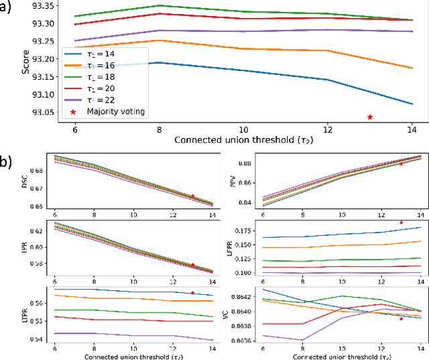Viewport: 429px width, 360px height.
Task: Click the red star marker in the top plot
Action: coord(370,117)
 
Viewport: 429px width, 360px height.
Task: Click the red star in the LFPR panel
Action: coord(401,223)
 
